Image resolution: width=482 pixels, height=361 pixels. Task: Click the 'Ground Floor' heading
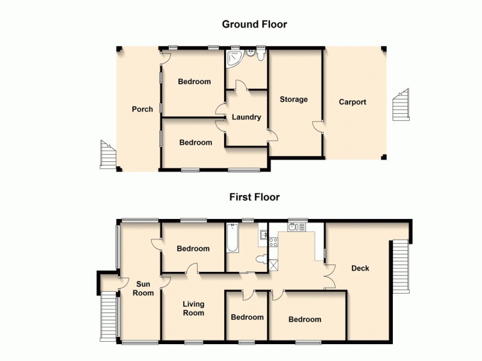click(x=254, y=25)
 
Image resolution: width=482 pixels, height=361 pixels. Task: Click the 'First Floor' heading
click(x=254, y=197)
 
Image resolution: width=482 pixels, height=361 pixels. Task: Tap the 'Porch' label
click(x=142, y=110)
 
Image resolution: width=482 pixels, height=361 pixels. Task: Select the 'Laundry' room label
click(x=246, y=117)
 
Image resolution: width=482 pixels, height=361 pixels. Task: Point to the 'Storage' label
click(x=293, y=99)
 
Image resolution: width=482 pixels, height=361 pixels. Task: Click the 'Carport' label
click(x=352, y=102)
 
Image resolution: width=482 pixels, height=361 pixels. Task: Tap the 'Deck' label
click(x=360, y=268)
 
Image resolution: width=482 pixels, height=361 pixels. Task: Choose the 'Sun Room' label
click(x=144, y=289)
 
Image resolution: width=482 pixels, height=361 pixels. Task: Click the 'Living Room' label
click(x=193, y=308)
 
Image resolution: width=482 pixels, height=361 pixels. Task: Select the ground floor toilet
click(x=260, y=55)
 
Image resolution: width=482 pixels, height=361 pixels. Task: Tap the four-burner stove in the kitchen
click(x=272, y=242)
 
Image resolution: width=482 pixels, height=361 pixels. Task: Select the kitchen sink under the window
click(x=296, y=227)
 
